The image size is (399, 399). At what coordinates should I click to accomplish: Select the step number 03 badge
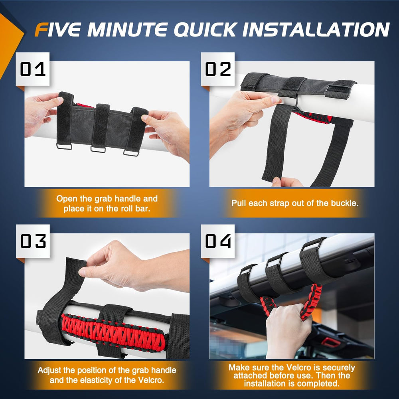point(33,241)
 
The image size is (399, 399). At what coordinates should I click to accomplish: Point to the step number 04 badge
point(217,241)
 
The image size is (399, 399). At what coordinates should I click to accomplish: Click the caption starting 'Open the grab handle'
point(107,203)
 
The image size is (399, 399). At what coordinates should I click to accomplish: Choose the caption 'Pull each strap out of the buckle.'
point(295,203)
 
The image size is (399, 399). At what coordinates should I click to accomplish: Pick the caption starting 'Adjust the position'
point(107,375)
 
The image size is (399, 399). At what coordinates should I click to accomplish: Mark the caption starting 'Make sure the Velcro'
point(292,375)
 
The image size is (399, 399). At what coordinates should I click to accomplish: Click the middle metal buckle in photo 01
point(98,149)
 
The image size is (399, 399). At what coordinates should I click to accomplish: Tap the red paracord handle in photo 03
point(114,331)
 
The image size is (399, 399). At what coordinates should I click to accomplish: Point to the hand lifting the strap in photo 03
point(116,265)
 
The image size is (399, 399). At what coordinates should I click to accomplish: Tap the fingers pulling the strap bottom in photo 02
point(285,182)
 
